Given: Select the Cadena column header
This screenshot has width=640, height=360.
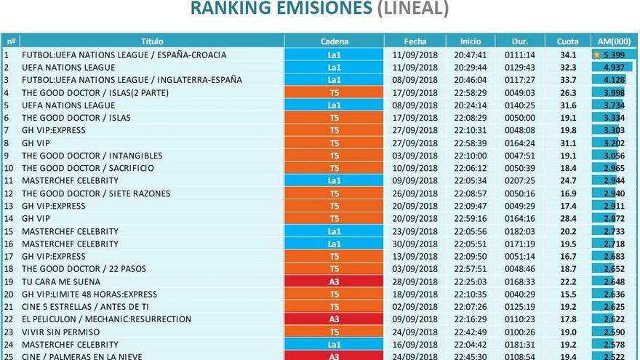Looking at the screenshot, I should tap(334, 41).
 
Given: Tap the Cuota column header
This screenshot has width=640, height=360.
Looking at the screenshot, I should tap(567, 41).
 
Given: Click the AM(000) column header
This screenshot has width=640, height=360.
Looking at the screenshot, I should tap(613, 41).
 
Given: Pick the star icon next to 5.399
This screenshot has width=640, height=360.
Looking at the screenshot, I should tap(597, 55).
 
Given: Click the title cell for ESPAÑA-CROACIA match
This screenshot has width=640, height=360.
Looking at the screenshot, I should tap(124, 55).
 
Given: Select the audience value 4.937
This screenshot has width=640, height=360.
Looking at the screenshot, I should tap(615, 68).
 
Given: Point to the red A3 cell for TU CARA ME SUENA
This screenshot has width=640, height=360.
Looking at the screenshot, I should tap(334, 281).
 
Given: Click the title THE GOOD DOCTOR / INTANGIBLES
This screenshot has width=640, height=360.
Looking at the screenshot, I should tap(92, 156).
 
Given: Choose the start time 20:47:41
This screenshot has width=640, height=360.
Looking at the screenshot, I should tap(471, 55).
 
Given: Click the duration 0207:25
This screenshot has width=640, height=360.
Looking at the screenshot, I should tap(519, 180).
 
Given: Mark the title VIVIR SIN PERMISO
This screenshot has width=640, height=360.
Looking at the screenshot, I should tap(61, 332).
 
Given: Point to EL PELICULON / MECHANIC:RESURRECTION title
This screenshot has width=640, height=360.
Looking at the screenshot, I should tap(106, 319).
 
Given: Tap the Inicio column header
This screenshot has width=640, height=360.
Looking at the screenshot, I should tap(471, 41).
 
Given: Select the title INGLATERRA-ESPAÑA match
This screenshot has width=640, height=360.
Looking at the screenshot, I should tap(132, 80).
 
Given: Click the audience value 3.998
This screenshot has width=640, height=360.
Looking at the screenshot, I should tap(615, 92).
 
